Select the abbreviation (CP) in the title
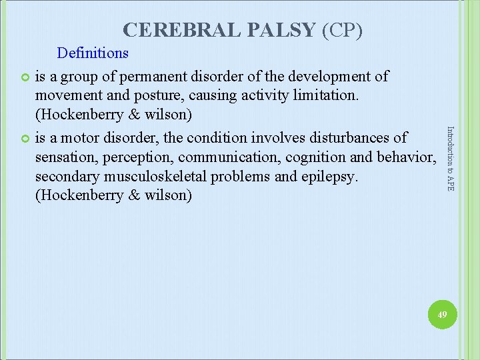(342, 30)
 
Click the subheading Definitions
(93, 52)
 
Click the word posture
(165, 95)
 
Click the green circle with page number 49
(439, 313)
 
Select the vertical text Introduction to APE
(450, 159)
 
